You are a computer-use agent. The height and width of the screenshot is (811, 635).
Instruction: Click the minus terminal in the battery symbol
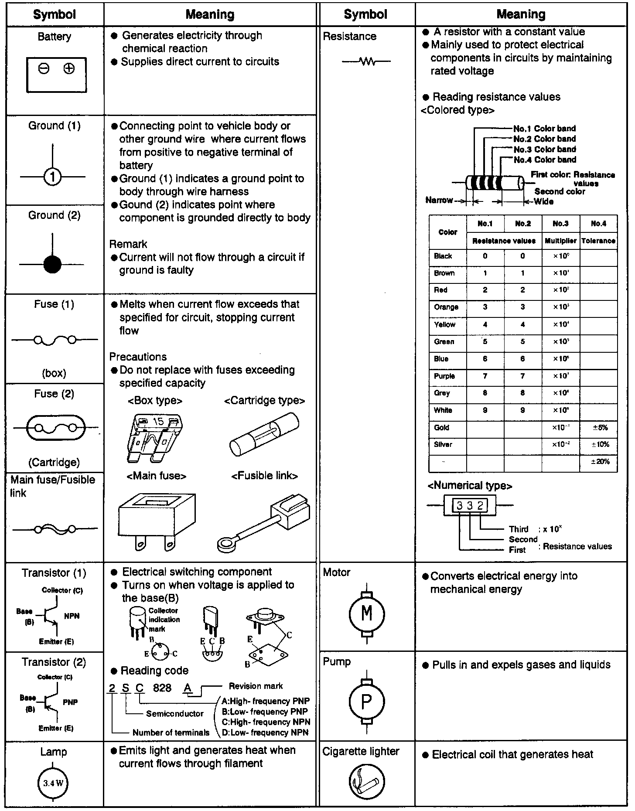click(44, 69)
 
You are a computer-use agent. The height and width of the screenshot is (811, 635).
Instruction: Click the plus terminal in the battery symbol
click(69, 69)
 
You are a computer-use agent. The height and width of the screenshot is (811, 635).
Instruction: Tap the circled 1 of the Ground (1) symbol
click(52, 177)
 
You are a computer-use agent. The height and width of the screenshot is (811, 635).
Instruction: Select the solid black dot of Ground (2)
click(52, 264)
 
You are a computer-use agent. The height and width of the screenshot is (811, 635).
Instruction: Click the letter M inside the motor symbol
click(367, 613)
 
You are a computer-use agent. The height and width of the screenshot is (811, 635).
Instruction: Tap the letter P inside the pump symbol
click(367, 702)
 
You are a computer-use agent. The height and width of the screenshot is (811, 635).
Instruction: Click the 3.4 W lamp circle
click(53, 783)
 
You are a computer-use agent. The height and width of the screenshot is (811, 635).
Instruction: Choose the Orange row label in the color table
click(446, 307)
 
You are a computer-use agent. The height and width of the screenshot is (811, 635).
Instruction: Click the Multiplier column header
click(560, 241)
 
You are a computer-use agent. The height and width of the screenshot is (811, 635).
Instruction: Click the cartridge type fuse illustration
click(264, 435)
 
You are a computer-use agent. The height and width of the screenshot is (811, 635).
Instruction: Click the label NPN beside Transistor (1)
click(72, 616)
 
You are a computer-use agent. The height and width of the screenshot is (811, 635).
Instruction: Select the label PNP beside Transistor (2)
click(71, 702)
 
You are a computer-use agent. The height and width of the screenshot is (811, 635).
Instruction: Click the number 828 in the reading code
click(162, 688)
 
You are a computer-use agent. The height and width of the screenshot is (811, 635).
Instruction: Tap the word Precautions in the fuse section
click(138, 357)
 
